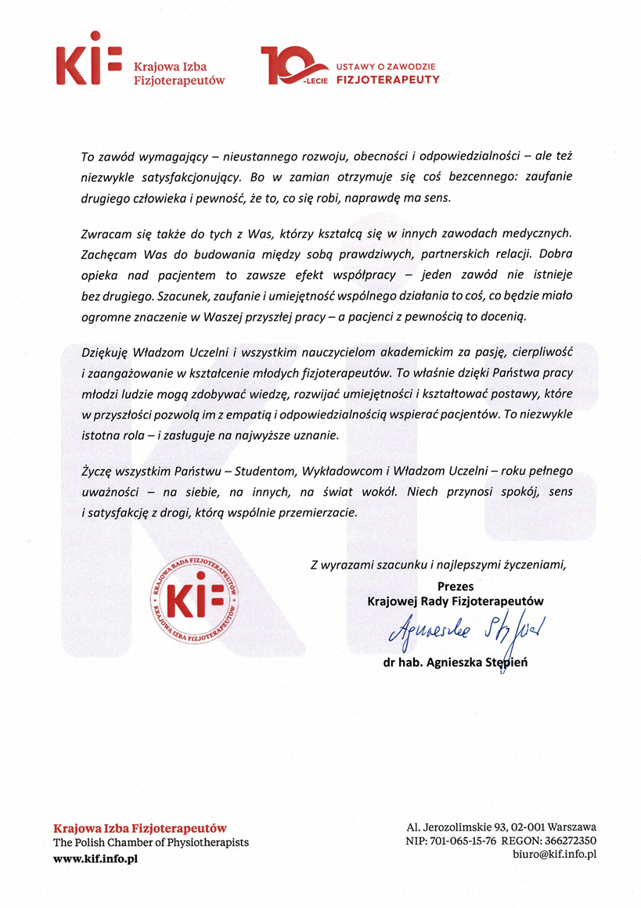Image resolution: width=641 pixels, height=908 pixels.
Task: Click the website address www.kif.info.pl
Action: click(x=95, y=858)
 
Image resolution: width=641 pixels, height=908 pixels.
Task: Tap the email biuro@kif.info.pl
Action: click(x=550, y=854)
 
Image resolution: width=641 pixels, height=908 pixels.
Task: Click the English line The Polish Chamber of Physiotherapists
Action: click(x=150, y=842)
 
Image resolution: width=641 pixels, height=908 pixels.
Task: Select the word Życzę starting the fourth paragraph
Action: click(x=97, y=472)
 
